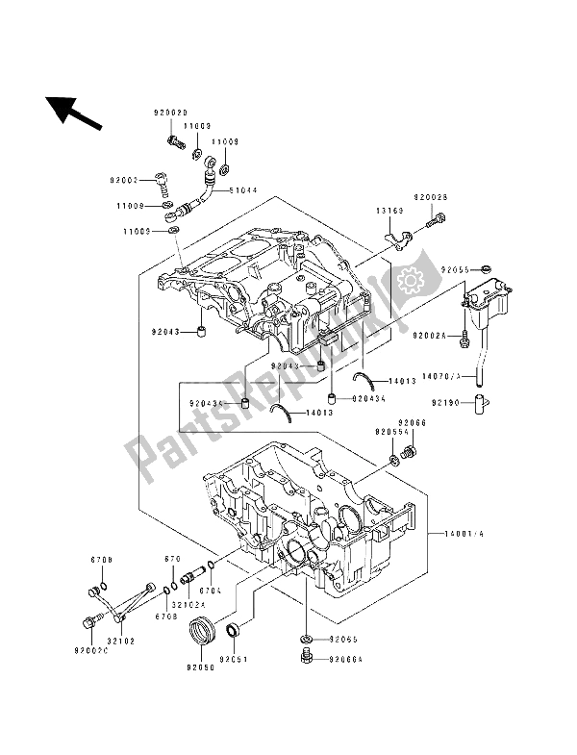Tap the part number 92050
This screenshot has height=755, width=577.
pos(202,665)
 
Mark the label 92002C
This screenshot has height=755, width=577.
pos(88,650)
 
